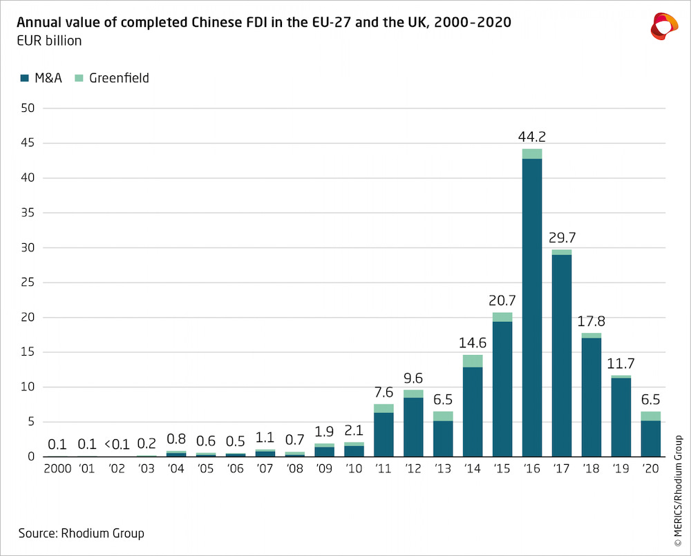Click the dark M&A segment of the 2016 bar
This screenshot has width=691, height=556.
pyautogui.click(x=531, y=307)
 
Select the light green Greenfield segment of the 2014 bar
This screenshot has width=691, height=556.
pyautogui.click(x=472, y=361)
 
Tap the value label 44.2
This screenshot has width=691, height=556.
pyautogui.click(x=531, y=137)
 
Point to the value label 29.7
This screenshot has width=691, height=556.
pyautogui.click(x=561, y=238)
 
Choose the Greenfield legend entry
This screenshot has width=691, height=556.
pyautogui.click(x=111, y=78)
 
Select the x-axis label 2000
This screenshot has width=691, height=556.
pyautogui.click(x=58, y=468)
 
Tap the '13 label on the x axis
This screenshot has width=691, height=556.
pyautogui.click(x=442, y=468)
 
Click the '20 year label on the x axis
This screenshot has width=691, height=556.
pyautogui.click(x=650, y=468)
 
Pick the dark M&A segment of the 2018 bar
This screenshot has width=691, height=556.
pyautogui.click(x=591, y=397)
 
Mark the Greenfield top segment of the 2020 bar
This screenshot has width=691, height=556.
pyautogui.click(x=650, y=416)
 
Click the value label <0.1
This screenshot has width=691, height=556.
pyautogui.click(x=117, y=443)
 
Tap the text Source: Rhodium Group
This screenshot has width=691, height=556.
pyautogui.click(x=81, y=533)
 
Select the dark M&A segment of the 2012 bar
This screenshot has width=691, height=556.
pyautogui.click(x=413, y=427)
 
